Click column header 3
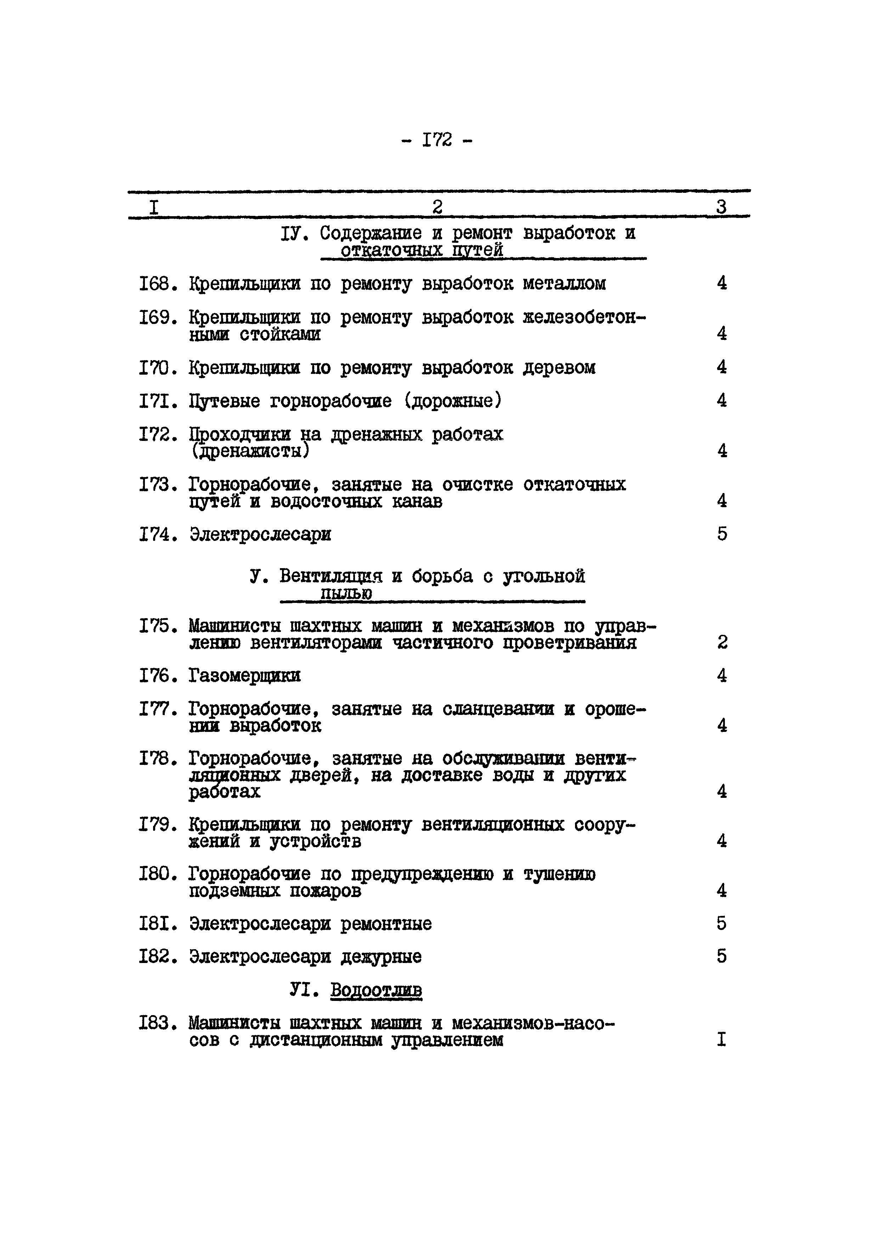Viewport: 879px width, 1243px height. pos(721,207)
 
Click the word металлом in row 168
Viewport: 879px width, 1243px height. pos(564,284)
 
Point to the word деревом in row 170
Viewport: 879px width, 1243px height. pos(559,368)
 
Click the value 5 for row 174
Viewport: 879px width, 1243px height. pos(722,534)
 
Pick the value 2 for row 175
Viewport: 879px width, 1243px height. pos(722,643)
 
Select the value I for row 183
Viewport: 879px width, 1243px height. pos(721,1040)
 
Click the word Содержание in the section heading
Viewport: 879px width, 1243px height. pos(370,234)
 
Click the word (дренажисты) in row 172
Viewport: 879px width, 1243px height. pos(250,451)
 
